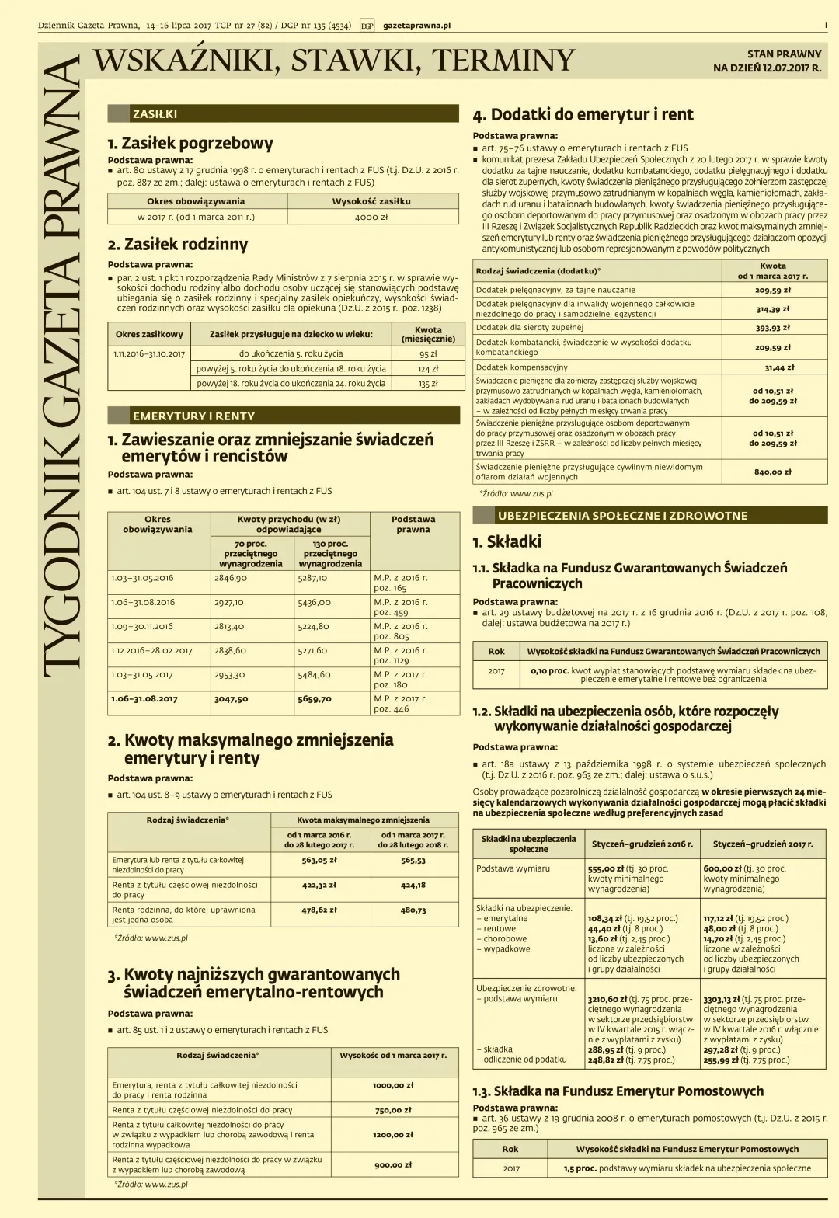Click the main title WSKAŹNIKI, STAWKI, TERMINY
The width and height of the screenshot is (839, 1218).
pyautogui.click(x=334, y=61)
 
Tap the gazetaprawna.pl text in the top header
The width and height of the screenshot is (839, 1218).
pyautogui.click(x=416, y=26)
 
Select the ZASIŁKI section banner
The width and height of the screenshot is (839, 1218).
pyautogui.click(x=155, y=114)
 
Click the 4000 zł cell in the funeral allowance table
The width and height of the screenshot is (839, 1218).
pyautogui.click(x=371, y=217)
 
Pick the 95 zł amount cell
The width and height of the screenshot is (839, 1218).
pyautogui.click(x=428, y=353)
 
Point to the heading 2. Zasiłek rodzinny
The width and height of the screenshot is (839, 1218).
pyautogui.click(x=178, y=245)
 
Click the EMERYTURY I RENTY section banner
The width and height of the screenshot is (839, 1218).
pyautogui.click(x=193, y=416)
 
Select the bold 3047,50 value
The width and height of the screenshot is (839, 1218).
pyautogui.click(x=232, y=699)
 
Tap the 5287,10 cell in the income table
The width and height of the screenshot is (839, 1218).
pyautogui.click(x=313, y=578)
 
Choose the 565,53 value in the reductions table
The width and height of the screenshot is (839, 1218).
pyautogui.click(x=413, y=861)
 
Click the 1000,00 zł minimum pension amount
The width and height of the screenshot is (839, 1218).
pyautogui.click(x=393, y=1085)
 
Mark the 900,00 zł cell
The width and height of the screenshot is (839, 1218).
pyautogui.click(x=393, y=1164)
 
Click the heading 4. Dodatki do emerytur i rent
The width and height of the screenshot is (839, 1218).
pyautogui.click(x=583, y=115)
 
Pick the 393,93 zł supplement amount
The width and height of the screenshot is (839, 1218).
pyautogui.click(x=773, y=328)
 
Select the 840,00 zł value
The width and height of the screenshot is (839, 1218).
pyautogui.click(x=773, y=472)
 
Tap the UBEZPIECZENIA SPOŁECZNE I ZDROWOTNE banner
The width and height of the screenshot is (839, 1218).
pyautogui.click(x=622, y=516)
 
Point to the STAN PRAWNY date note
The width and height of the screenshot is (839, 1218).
pyautogui.click(x=767, y=61)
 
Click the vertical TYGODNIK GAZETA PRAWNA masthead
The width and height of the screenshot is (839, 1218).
pyautogui.click(x=61, y=365)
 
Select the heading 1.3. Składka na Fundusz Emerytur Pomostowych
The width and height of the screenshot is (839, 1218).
pyautogui.click(x=618, y=1091)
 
